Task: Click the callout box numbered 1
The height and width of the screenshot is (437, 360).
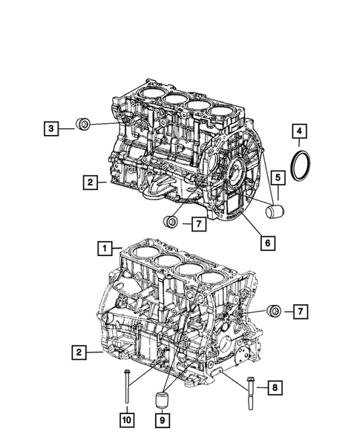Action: click(x=107, y=247)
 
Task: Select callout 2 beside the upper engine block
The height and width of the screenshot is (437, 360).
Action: click(x=88, y=181)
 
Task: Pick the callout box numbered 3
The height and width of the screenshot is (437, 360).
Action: click(x=50, y=128)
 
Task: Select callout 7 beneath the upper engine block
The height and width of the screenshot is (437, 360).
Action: click(x=198, y=222)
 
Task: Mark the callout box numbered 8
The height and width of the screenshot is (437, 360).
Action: click(x=274, y=387)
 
